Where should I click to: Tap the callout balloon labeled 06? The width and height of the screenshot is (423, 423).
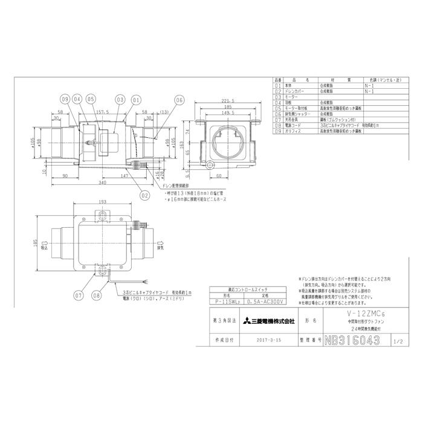(179, 100)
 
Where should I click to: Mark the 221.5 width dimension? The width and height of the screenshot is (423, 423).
(228, 102)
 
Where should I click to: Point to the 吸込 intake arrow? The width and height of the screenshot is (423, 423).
(44, 248)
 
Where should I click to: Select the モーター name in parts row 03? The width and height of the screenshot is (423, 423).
(292, 96)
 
